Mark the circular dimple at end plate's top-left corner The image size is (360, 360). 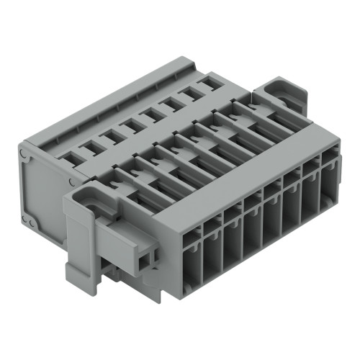[x=25, y=153]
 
